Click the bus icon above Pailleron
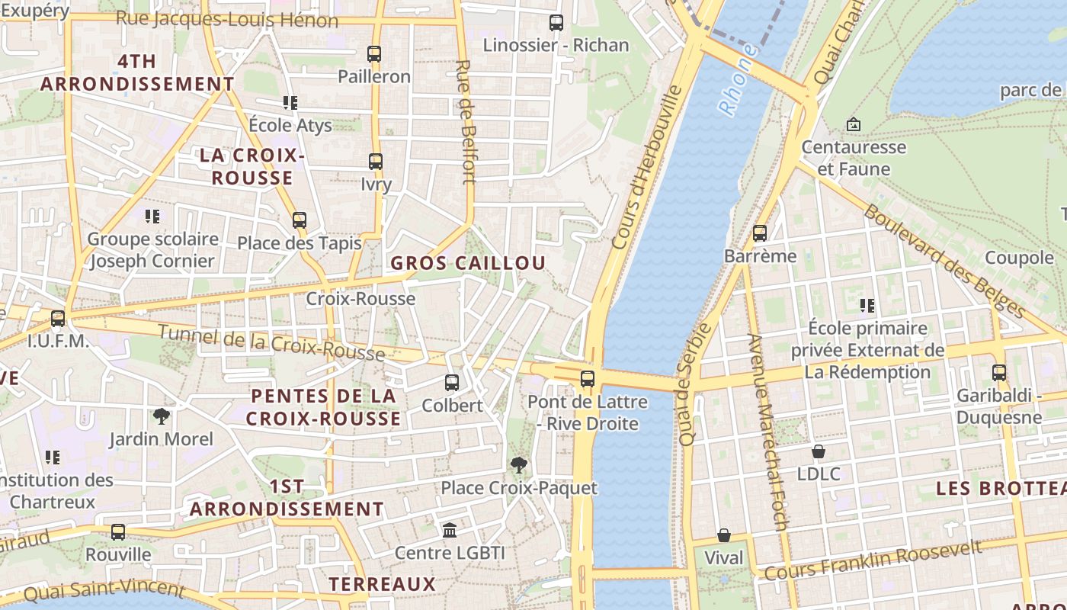(373, 54)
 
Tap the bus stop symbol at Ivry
(375, 162)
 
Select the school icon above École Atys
(290, 102)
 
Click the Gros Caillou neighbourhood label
(468, 263)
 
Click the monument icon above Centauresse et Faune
(853, 124)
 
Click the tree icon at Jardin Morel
(161, 416)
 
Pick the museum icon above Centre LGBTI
(450, 530)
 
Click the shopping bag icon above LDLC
(818, 451)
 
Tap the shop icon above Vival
(723, 536)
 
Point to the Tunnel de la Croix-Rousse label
(271, 343)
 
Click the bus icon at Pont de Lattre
(587, 379)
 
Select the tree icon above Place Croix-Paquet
(519, 465)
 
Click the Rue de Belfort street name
(466, 122)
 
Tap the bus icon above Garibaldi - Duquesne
(998, 373)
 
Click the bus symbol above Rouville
(117, 532)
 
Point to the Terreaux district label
(382, 585)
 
